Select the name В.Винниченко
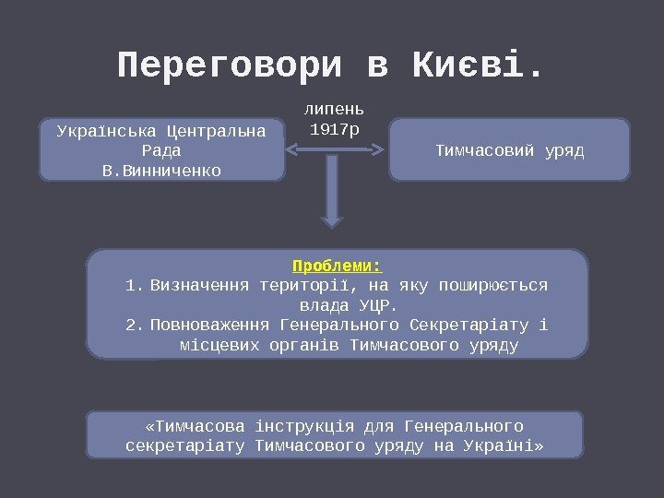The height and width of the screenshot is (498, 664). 162,170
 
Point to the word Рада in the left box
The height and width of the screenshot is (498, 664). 162,149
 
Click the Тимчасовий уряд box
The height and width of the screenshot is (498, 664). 509,148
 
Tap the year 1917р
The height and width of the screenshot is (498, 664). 335,129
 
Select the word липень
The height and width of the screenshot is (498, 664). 335,110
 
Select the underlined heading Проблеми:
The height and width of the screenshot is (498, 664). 337,266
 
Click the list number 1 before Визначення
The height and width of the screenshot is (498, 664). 131,285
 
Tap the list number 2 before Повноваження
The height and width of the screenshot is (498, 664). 131,325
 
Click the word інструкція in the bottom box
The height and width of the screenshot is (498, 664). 303,426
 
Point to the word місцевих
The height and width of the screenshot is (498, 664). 219,345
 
